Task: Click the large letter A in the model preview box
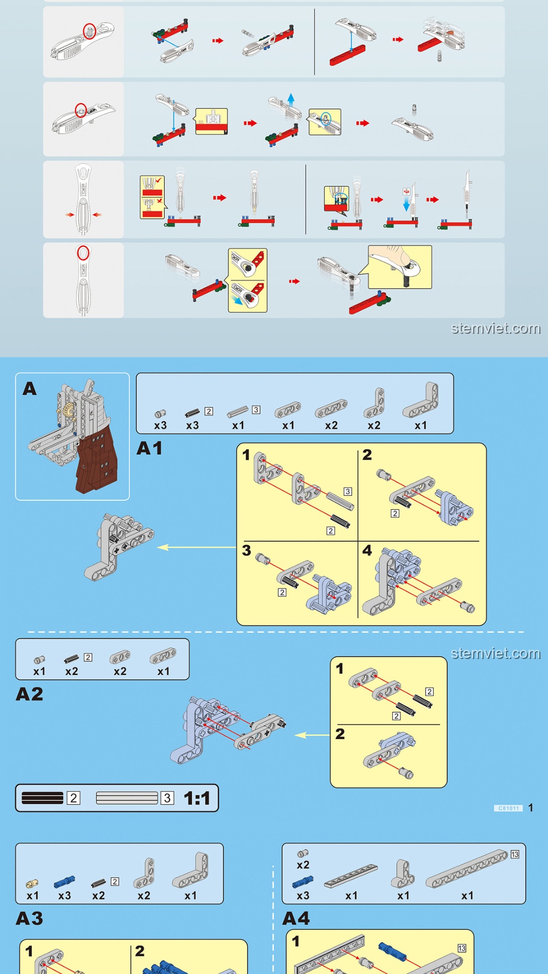[29, 389]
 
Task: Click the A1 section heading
[150, 448]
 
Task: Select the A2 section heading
[29, 694]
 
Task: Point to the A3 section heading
[29, 918]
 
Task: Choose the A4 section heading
[296, 918]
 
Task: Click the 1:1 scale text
[197, 798]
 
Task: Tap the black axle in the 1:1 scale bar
[43, 798]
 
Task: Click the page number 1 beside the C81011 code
[530, 808]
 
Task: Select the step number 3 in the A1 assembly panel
[247, 550]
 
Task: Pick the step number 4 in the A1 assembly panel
[367, 550]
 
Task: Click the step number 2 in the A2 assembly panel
[340, 734]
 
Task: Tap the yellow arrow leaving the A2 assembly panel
[312, 735]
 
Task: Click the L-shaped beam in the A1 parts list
[421, 401]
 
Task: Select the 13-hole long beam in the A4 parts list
[467, 869]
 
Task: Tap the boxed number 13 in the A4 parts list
[515, 854]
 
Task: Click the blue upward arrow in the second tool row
[291, 98]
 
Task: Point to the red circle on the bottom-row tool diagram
[83, 253]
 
